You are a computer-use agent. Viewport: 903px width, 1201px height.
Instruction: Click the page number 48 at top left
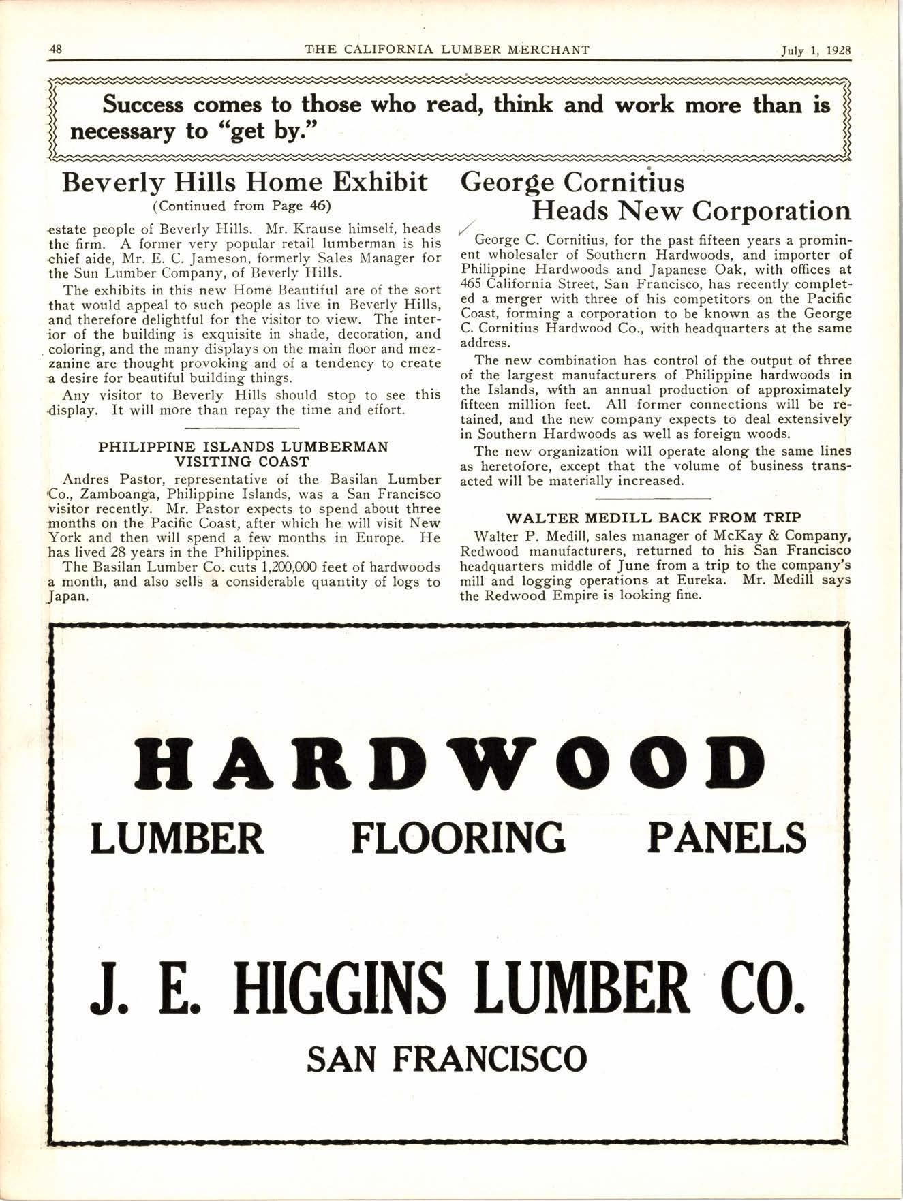point(57,50)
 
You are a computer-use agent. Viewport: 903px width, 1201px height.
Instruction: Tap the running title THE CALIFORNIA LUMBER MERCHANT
point(447,50)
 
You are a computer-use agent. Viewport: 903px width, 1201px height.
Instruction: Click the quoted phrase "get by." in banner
point(276,130)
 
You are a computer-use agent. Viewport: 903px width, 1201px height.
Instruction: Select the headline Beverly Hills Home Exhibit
point(245,183)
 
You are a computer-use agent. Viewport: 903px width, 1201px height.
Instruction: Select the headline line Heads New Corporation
point(690,211)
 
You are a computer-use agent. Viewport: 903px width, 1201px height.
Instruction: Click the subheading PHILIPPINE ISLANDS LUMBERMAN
point(243,447)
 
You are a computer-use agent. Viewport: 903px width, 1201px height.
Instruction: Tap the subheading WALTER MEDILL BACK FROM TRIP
point(654,517)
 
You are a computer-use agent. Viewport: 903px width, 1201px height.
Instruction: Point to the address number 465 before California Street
point(472,284)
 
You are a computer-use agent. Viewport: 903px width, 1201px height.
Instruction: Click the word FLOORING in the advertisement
point(458,838)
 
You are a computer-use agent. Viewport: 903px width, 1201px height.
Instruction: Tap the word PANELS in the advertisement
point(726,838)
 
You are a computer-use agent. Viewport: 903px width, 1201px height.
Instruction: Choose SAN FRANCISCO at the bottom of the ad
point(446,1059)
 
